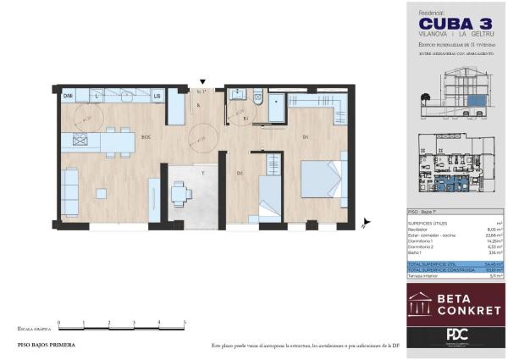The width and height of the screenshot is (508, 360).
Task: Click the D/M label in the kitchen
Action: coord(69,97)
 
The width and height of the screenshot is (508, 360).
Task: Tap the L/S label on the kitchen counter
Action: coord(157,97)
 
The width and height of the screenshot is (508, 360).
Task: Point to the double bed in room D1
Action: coord(323,179)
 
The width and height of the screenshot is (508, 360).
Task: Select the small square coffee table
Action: coord(101,193)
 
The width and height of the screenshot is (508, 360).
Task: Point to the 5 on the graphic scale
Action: coord(185,323)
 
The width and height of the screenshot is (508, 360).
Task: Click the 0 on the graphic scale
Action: coord(59,323)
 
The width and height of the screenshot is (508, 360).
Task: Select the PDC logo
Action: coord(456,335)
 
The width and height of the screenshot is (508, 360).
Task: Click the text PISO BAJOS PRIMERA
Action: coord(47,346)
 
